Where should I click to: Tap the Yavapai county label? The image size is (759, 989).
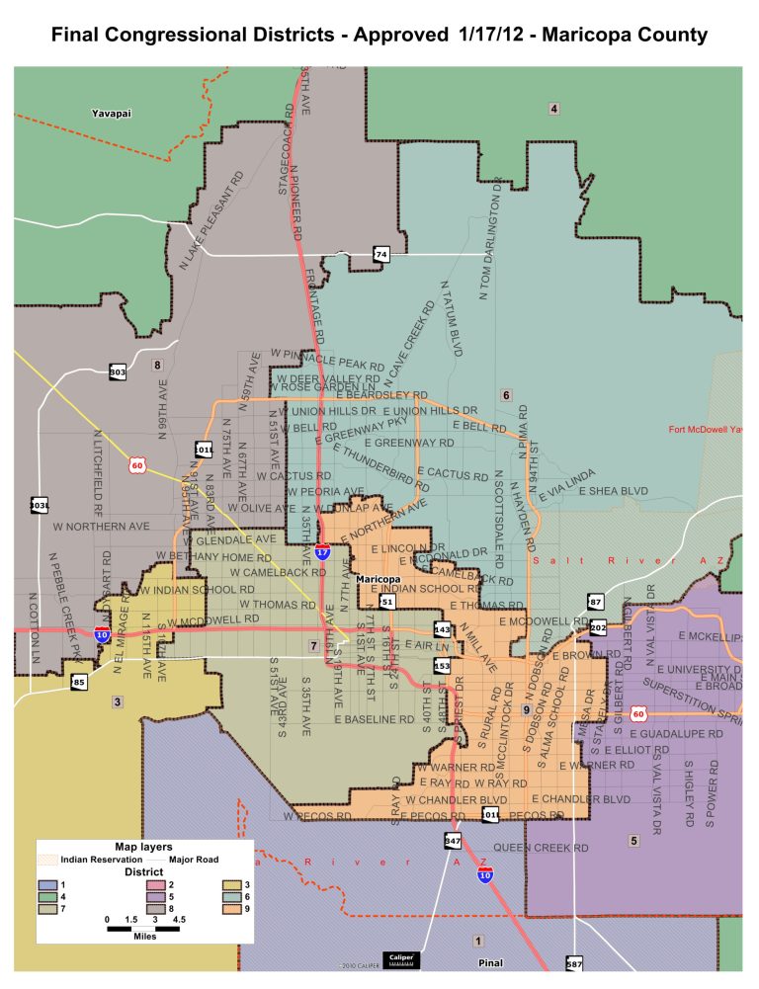112,114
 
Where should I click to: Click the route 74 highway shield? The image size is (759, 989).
380,255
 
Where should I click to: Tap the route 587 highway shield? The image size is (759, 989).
574,962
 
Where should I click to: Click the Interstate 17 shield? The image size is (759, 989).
323,550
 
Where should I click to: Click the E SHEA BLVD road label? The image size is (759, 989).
614,490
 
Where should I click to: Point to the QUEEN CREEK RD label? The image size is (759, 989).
541,848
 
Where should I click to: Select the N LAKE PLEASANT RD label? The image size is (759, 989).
211,222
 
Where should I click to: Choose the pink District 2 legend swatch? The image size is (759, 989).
144,884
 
